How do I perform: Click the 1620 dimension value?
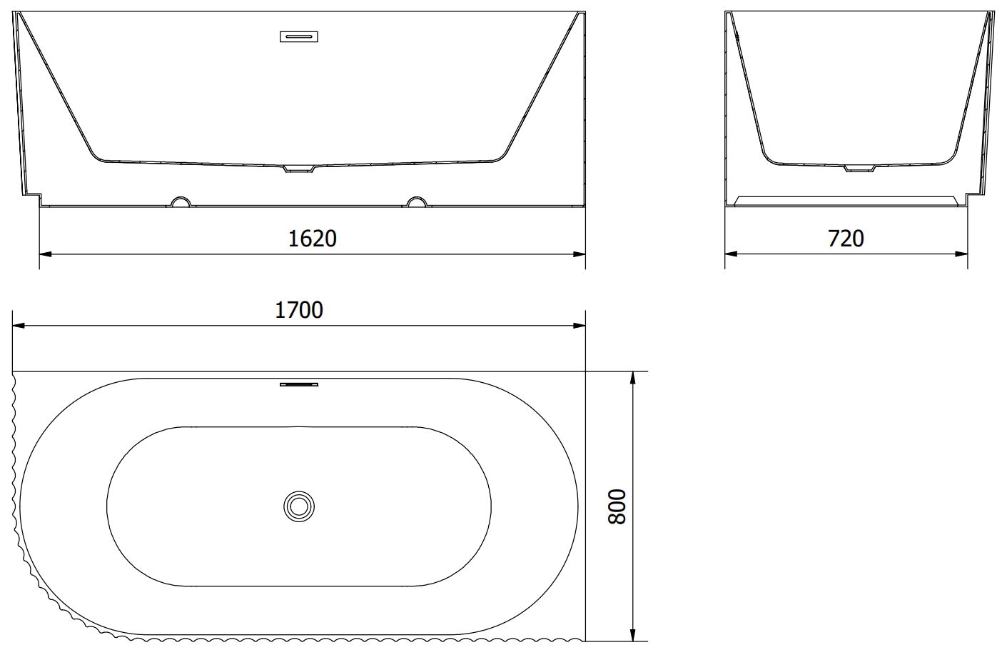coord(312,239)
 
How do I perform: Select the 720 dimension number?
coord(846,239)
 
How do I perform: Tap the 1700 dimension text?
coord(299,310)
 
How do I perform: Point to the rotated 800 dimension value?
coord(617,506)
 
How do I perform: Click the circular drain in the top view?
coord(299,506)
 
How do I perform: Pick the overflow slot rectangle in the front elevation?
coord(299,36)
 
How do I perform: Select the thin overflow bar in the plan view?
coord(299,384)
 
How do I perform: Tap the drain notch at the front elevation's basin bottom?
coord(299,169)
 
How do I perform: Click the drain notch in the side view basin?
coord(859,169)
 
